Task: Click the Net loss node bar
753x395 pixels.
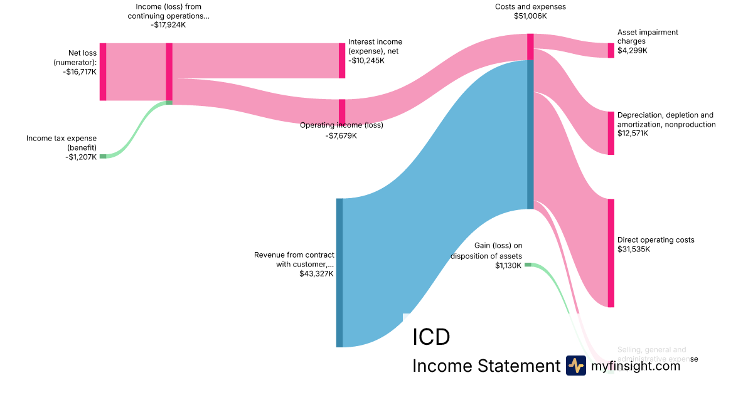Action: (x=103, y=71)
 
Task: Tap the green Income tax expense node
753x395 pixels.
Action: (x=103, y=156)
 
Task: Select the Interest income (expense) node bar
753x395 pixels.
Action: (x=342, y=61)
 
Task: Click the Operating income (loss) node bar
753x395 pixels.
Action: (x=342, y=112)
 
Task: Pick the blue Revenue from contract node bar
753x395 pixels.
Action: (x=339, y=273)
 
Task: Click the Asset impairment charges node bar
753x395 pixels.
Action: (x=611, y=50)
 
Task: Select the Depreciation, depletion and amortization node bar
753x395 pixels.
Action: (x=611, y=133)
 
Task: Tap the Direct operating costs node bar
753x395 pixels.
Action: (x=611, y=253)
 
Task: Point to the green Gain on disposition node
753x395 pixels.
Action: (x=528, y=265)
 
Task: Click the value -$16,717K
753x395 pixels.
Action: (x=80, y=72)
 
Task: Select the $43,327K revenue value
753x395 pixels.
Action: (x=316, y=273)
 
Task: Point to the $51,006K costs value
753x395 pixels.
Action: (x=530, y=16)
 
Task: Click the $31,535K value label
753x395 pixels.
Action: (x=634, y=249)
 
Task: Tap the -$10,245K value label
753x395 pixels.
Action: (x=366, y=61)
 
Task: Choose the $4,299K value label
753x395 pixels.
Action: (x=633, y=50)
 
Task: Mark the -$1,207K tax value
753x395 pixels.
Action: (x=81, y=157)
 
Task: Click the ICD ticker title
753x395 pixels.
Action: (x=431, y=337)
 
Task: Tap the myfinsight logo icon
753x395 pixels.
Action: (x=575, y=366)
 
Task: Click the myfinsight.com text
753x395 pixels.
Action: (x=636, y=366)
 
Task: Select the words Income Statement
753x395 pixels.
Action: (x=486, y=366)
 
